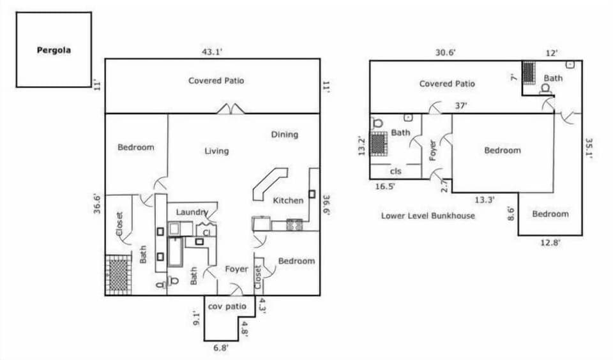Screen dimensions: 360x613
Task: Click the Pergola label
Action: pos(54,50)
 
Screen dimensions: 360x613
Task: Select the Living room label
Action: pos(216,151)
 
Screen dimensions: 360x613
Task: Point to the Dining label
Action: pos(284,135)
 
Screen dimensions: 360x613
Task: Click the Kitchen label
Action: pos(288,200)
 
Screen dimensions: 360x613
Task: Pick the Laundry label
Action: pos(192,212)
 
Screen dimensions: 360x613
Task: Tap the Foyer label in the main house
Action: pos(236,269)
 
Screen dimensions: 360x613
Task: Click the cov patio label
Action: pos(227,306)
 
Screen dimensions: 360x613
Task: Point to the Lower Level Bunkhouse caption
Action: pos(428,216)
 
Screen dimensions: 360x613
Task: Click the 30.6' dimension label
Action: pos(445,53)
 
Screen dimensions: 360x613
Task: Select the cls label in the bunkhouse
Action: pos(397,171)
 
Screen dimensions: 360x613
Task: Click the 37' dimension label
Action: pos(460,106)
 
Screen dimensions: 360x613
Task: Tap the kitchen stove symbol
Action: pos(294,225)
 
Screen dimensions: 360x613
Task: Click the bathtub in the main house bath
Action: pos(175,252)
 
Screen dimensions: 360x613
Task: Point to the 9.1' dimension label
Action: pos(197,317)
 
